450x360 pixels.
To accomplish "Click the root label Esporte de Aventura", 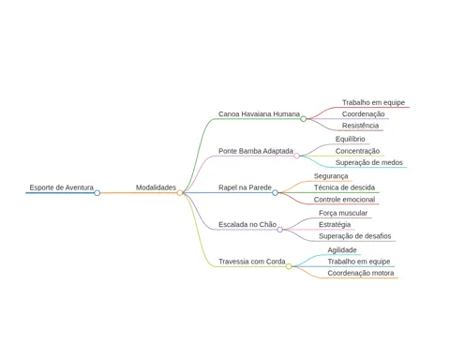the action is tap(62, 187).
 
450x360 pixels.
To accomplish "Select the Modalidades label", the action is tap(156, 187).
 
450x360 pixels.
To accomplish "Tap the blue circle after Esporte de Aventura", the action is tap(97, 193).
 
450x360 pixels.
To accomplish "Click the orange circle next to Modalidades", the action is tap(180, 193).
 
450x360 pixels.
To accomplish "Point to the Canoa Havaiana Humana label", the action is tap(259, 114).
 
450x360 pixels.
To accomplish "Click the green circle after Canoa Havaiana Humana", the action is tap(303, 119).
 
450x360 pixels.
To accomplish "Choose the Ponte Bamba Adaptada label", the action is tap(256, 151).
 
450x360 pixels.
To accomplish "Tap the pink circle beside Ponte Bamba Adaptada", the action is tap(296, 156).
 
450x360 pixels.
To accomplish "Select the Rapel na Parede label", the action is tap(245, 187).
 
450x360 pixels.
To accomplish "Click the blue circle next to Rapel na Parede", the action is tap(275, 193).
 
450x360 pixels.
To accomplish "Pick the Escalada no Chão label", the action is tap(247, 224).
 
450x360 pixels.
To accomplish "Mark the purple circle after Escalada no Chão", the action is tap(280, 230).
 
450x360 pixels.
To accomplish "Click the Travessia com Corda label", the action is tap(252, 262).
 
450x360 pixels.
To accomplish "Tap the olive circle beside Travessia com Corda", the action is tap(289, 266).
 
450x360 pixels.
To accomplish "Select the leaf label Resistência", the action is tap(360, 126).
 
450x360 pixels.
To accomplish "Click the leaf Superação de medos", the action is tap(369, 162).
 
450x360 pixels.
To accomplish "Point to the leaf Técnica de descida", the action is tap(344, 187).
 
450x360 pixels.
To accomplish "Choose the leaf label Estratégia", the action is tap(335, 224).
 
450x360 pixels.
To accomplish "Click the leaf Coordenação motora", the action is tap(361, 273).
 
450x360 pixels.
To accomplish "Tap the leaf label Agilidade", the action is tap(342, 250).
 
